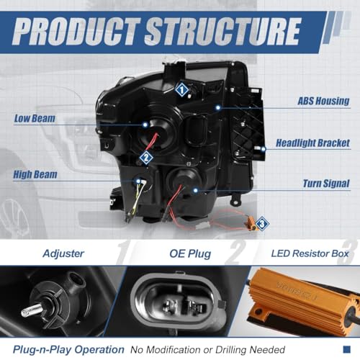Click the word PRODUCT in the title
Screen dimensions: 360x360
pos(76,32)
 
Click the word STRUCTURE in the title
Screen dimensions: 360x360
pos(222,32)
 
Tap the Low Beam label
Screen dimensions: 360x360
pos(35,118)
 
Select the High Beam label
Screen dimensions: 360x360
pos(35,174)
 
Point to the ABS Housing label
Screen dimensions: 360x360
pos(323,101)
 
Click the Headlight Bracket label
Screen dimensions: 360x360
pos(312,143)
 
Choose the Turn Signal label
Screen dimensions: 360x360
pos(326,184)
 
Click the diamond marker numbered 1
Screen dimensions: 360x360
pos(181,90)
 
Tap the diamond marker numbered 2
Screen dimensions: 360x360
pos(146,158)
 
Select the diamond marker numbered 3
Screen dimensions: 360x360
pos(262,224)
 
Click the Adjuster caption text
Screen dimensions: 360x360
pos(63,253)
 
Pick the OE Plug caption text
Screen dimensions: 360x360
pos(190,254)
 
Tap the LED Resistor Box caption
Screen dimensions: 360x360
pos(310,253)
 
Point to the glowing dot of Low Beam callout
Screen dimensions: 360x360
pos(145,125)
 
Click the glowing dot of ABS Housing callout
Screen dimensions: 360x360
pos(218,107)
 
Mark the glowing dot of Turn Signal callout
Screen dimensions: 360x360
pos(196,191)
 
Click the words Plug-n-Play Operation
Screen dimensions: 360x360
pos(68,350)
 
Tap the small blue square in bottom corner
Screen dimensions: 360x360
pos(347,349)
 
